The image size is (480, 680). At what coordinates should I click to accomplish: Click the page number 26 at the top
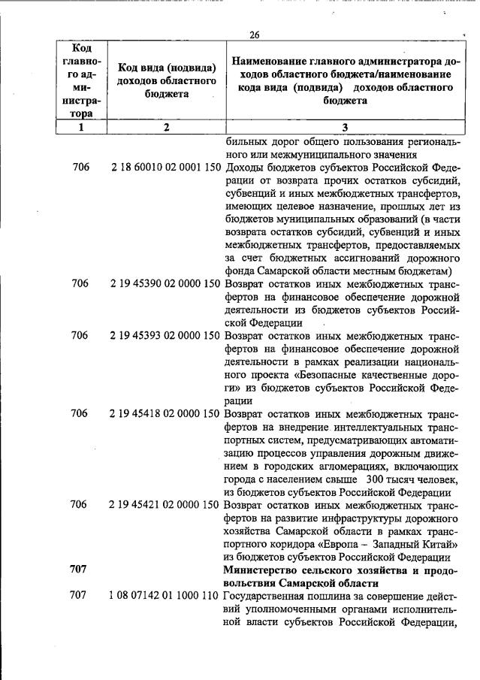coord(254,35)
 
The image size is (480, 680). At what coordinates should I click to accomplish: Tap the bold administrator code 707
coord(80,570)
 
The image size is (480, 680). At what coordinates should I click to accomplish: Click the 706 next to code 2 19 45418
coord(80,413)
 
